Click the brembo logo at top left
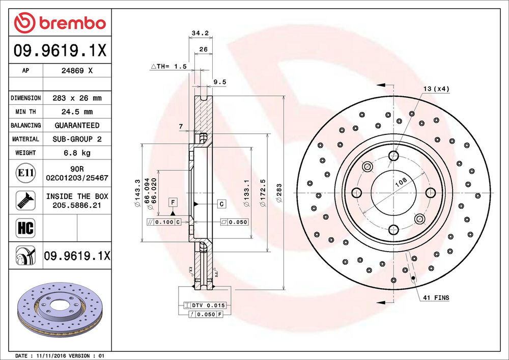pyautogui.click(x=60, y=23)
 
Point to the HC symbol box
pyautogui.click(x=26, y=227)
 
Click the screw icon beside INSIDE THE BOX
pyautogui.click(x=26, y=200)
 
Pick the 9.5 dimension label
pyautogui.click(x=220, y=81)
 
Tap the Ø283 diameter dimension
pyautogui.click(x=279, y=192)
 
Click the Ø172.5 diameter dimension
pyautogui.click(x=263, y=192)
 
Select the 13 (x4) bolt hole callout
pyautogui.click(x=436, y=89)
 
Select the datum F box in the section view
pyautogui.click(x=174, y=201)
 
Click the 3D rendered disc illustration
pyautogui.click(x=56, y=310)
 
